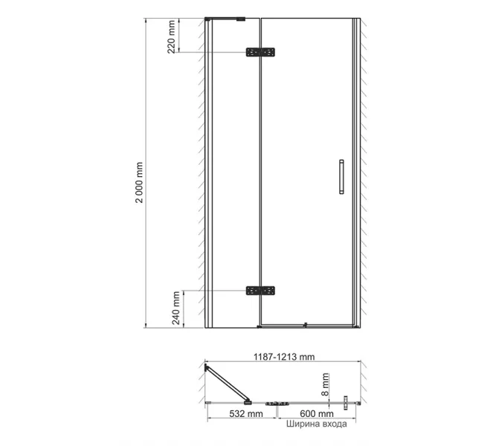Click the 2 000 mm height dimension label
(139, 182)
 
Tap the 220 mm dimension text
(171, 36)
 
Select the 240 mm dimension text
(176, 308)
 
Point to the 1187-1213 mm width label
(284, 357)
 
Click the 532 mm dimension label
(246, 414)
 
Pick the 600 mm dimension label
(317, 414)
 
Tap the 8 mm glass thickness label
(325, 384)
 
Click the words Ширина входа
(316, 424)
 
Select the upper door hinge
(260, 52)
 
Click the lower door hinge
(260, 291)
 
